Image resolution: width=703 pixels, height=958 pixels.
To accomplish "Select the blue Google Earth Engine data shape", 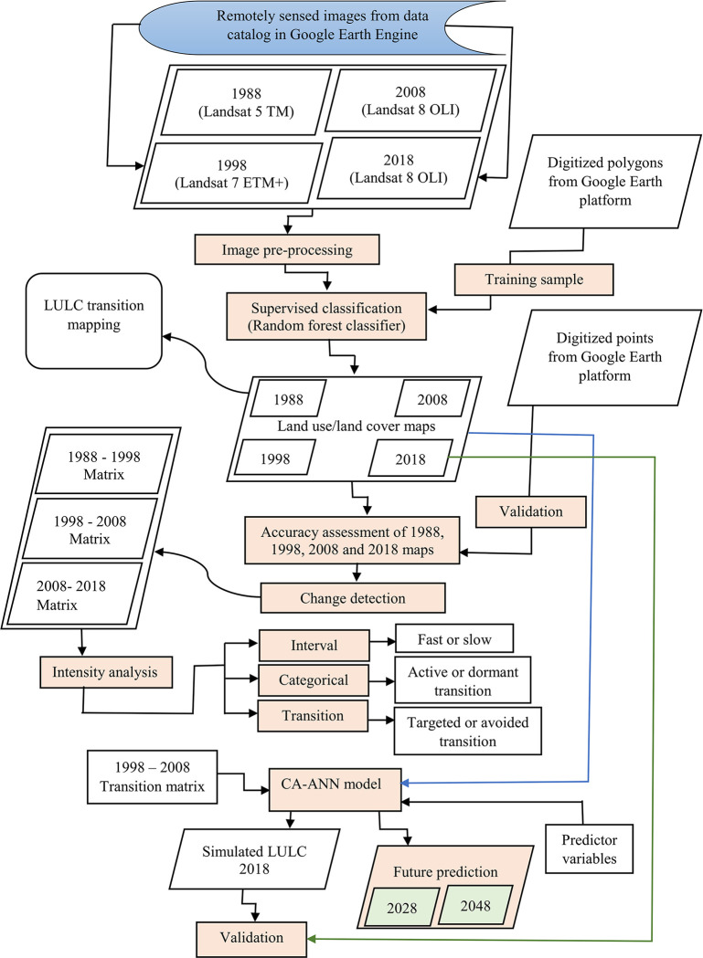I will pyautogui.click(x=303, y=26).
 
